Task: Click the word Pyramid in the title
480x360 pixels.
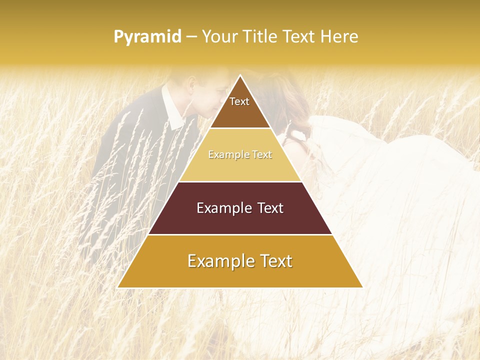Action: [x=147, y=36]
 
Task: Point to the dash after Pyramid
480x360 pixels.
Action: [x=191, y=36]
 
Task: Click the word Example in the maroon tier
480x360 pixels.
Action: [x=221, y=208]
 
